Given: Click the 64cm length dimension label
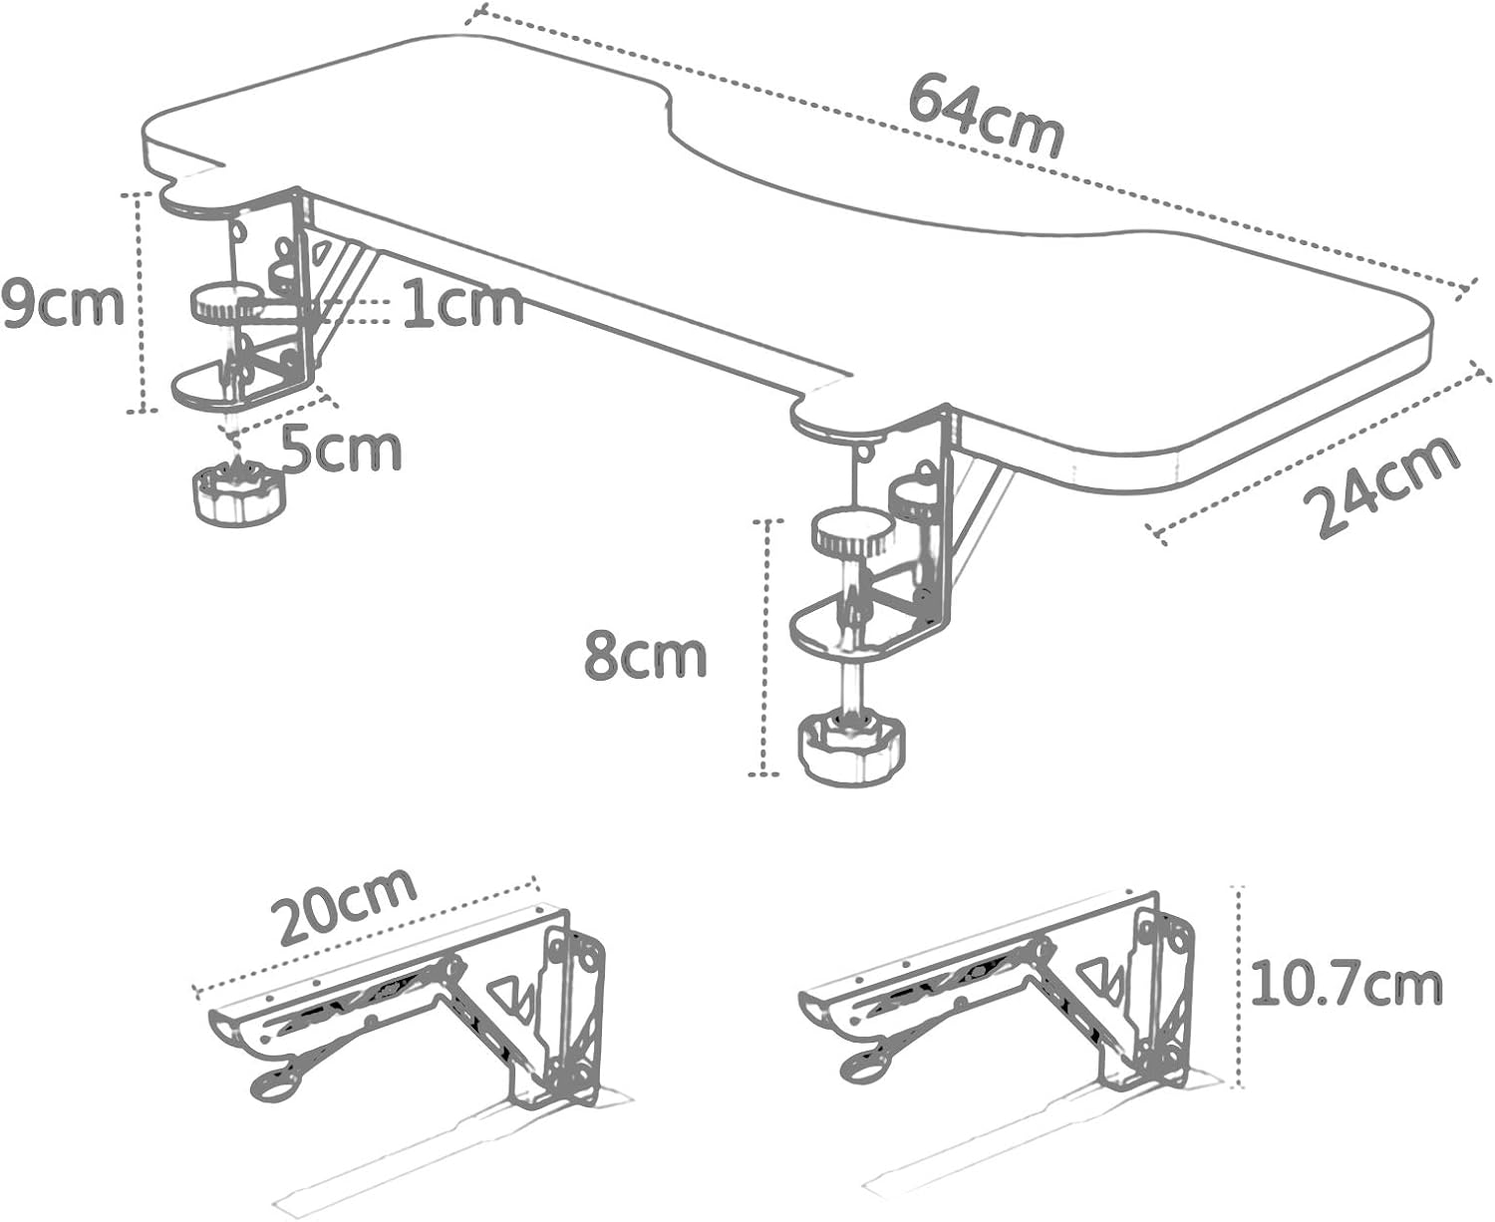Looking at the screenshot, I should coord(986,118).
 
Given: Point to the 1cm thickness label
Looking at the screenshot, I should coord(462,304).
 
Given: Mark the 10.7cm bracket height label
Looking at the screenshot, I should coord(1345,983).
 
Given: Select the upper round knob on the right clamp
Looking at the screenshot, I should coord(852,534).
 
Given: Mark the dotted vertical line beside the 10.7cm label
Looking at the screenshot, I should coord(1239,987).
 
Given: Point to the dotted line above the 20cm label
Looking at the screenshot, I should coord(369,934).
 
